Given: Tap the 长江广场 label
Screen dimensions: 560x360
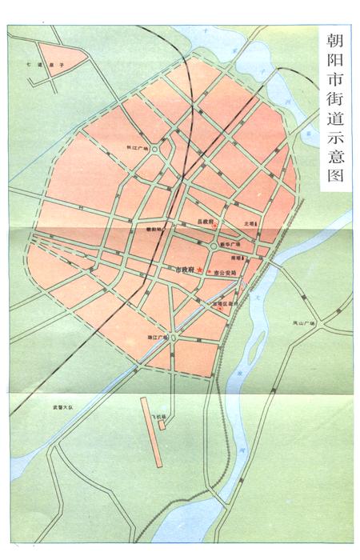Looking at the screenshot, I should coord(138,148).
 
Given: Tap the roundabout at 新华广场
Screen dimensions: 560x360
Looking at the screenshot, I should coord(214,247).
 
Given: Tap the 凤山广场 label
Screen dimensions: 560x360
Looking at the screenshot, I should coord(304,323).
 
